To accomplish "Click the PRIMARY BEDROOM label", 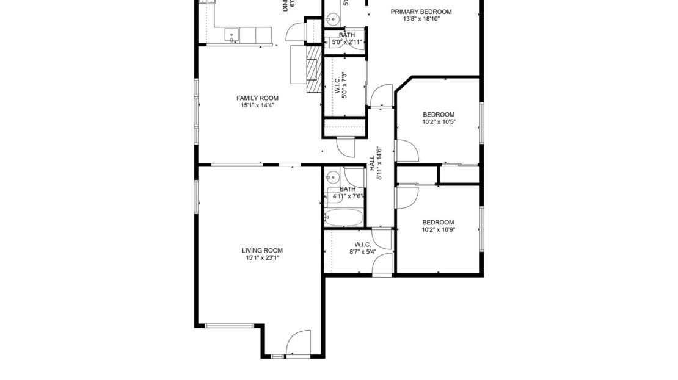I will (421, 12).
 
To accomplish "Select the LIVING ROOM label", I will (261, 250).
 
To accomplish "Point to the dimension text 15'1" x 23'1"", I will (261, 258).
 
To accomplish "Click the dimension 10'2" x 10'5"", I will (439, 122).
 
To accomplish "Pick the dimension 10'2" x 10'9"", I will (439, 230).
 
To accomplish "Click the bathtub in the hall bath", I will (344, 217).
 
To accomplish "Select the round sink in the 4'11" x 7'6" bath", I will (332, 178).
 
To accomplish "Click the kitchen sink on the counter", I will (233, 35).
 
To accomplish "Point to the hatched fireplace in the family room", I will (313, 71).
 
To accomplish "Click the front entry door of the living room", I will (299, 343).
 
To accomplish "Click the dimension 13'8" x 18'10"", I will (421, 19).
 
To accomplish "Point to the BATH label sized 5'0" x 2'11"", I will (346, 35).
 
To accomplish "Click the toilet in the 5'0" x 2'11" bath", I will (330, 41).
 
